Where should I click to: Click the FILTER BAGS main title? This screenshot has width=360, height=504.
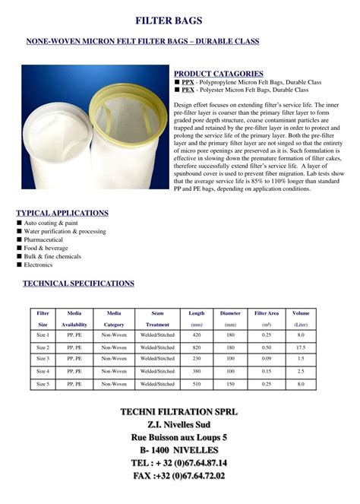(x=179, y=21)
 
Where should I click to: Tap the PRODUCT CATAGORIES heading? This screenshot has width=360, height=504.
(x=219, y=73)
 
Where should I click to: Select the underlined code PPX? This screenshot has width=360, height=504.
(x=188, y=82)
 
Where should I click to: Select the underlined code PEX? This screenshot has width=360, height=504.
(x=188, y=90)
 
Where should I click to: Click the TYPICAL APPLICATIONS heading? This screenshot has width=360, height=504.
(x=62, y=213)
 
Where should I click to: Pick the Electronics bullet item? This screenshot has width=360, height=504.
(x=39, y=265)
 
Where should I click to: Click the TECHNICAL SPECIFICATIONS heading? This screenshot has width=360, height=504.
(x=78, y=284)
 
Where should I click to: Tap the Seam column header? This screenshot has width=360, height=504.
(x=157, y=313)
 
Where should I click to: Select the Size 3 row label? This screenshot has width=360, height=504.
(x=43, y=358)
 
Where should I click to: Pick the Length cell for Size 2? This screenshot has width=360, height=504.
(x=197, y=347)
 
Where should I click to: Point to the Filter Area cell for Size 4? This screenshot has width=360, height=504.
(x=267, y=371)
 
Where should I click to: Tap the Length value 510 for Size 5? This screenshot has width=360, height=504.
(x=197, y=385)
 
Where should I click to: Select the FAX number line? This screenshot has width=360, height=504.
(x=179, y=476)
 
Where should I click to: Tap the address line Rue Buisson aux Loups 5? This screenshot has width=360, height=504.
(x=179, y=438)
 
